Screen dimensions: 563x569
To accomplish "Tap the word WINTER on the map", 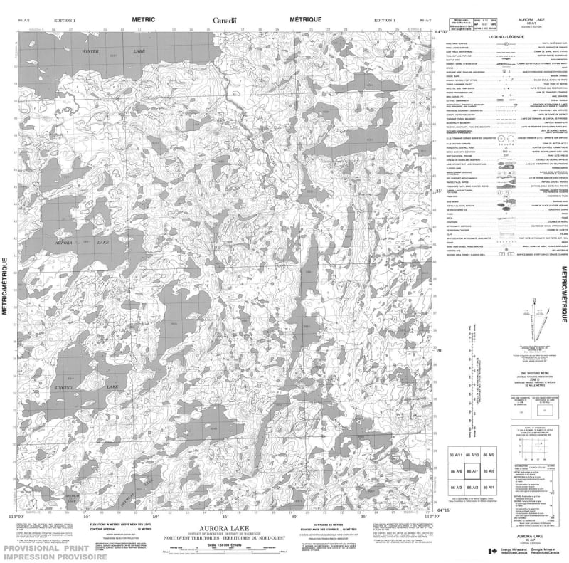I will coord(90,51).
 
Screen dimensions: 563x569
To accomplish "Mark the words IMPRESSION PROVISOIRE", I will coord(53,556).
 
